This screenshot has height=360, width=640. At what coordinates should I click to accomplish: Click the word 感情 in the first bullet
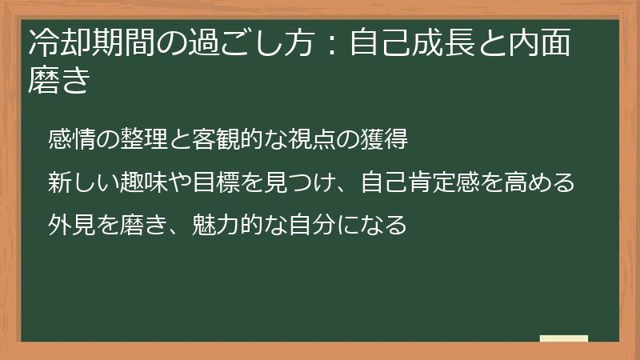(x=68, y=139)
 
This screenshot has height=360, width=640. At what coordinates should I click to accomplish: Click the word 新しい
(x=78, y=182)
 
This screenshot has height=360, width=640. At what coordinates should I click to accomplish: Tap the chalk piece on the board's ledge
(x=564, y=338)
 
